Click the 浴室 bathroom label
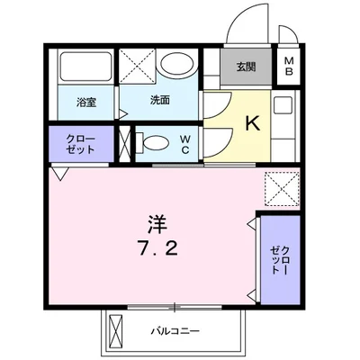[x=87, y=103]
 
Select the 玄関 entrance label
[x=246, y=66]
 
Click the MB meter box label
[x=290, y=67]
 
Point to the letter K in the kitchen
[x=253, y=125]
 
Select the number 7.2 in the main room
[x=157, y=246]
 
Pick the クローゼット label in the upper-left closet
[x=81, y=143]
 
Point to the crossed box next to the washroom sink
[x=139, y=66]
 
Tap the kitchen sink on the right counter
[x=283, y=105]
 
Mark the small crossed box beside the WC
[x=125, y=143]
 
